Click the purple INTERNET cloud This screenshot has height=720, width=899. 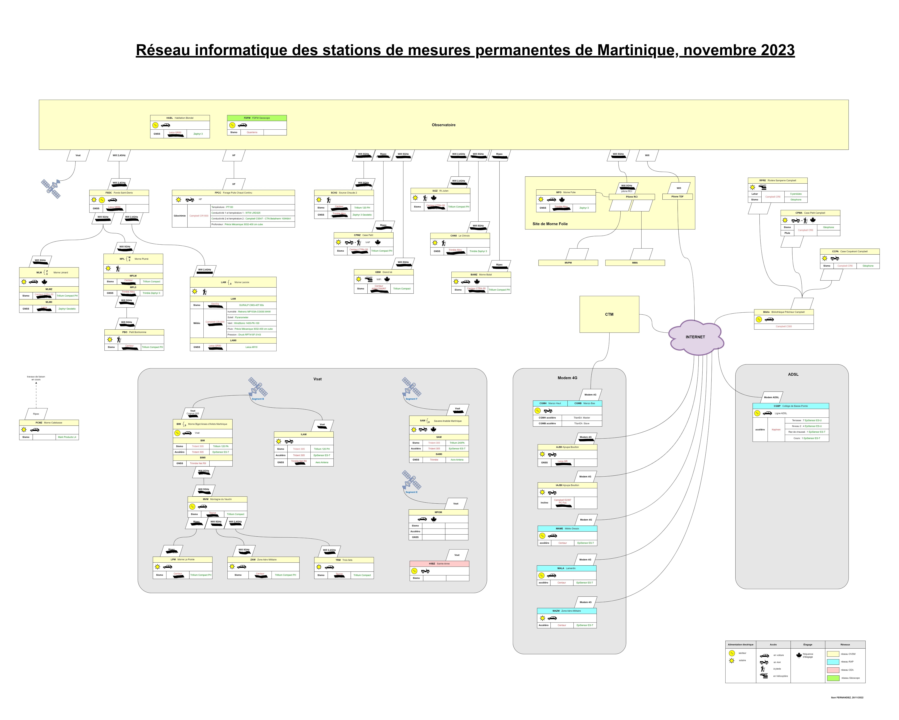tap(695, 337)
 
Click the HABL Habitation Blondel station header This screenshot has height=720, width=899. tap(180, 118)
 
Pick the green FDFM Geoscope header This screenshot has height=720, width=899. tap(256, 118)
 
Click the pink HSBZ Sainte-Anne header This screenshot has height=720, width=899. tap(439, 564)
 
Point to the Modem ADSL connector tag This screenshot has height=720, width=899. tap(771, 397)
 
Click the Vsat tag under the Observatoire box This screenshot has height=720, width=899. tap(78, 156)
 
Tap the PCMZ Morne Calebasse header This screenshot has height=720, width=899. tap(49, 423)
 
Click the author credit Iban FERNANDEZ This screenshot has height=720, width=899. tap(846, 697)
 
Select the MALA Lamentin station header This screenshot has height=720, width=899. tap(566, 568)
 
